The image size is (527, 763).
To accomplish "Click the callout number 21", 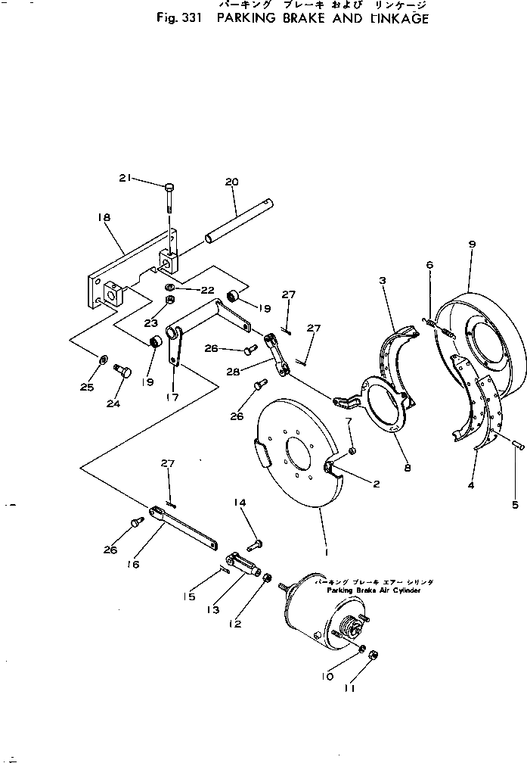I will point(126,178).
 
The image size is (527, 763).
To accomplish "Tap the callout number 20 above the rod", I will point(231,182).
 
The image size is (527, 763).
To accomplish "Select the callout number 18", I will point(104,217).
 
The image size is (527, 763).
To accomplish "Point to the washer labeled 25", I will point(103,357).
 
